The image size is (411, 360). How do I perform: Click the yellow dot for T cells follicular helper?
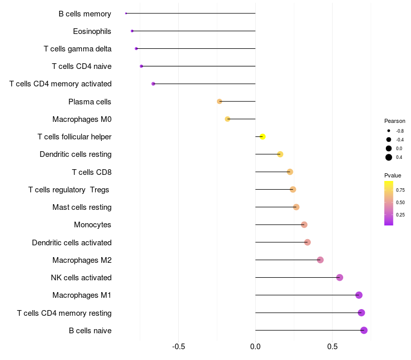click(263, 137)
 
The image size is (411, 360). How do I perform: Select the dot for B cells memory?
click(126, 13)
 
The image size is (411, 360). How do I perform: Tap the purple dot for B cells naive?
click(364, 330)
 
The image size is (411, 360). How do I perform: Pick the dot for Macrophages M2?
click(320, 260)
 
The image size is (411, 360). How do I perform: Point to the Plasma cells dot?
click(219, 101)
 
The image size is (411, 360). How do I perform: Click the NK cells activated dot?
click(340, 277)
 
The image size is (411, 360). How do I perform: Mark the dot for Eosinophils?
click(132, 31)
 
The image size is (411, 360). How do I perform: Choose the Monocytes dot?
click(304, 225)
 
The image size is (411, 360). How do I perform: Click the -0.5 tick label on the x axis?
click(178, 347)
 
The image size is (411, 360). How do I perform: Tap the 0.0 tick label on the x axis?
click(255, 347)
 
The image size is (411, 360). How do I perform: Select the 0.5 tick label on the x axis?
click(332, 347)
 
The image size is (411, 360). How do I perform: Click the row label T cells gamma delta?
click(78, 49)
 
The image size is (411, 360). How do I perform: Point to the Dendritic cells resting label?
click(76, 154)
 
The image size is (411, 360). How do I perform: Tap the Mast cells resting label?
click(82, 207)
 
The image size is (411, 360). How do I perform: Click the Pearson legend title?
click(395, 121)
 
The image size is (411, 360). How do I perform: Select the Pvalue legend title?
click(393, 175)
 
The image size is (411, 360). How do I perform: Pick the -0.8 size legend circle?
click(389, 131)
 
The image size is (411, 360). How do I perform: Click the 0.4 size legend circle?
click(389, 157)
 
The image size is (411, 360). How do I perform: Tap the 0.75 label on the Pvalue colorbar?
click(400, 190)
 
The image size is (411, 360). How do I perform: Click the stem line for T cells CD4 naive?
click(198, 66)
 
